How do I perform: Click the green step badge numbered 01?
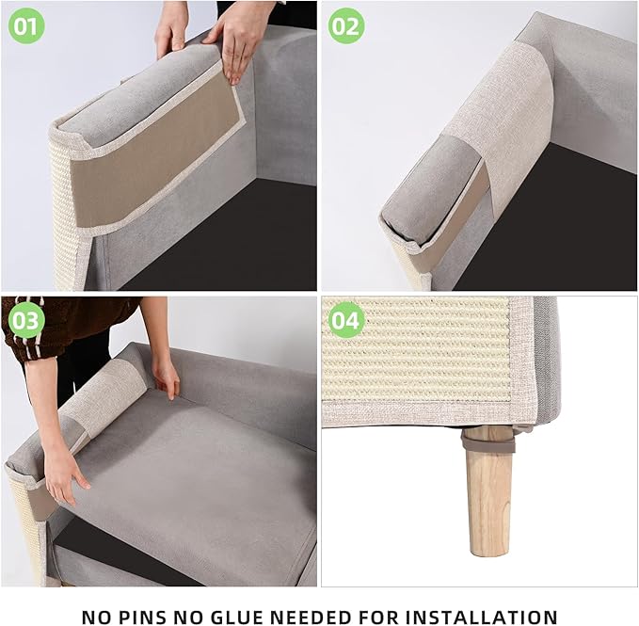pos(26,25)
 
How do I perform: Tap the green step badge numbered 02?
pos(346,25)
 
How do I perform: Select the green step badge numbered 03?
pos(26,322)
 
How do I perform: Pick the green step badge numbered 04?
pos(346,322)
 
